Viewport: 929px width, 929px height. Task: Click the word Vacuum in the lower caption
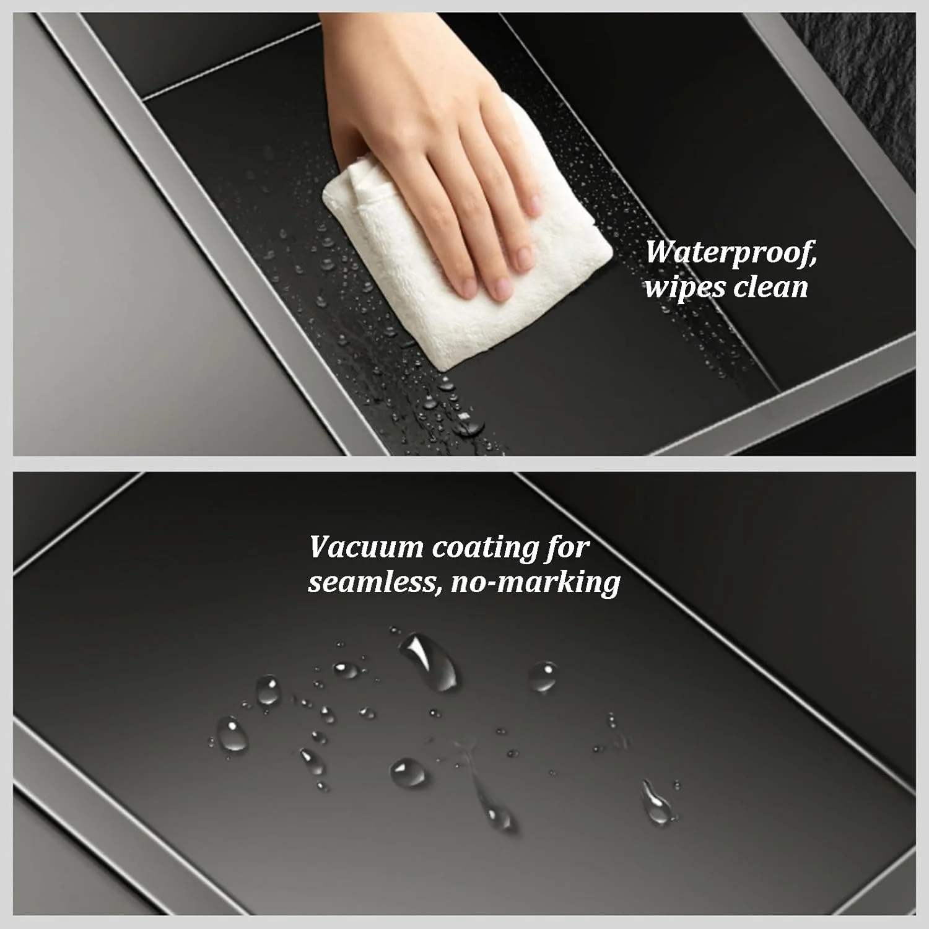(365, 547)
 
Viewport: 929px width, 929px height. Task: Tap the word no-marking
(536, 583)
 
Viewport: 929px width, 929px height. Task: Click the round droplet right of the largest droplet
(543, 676)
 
